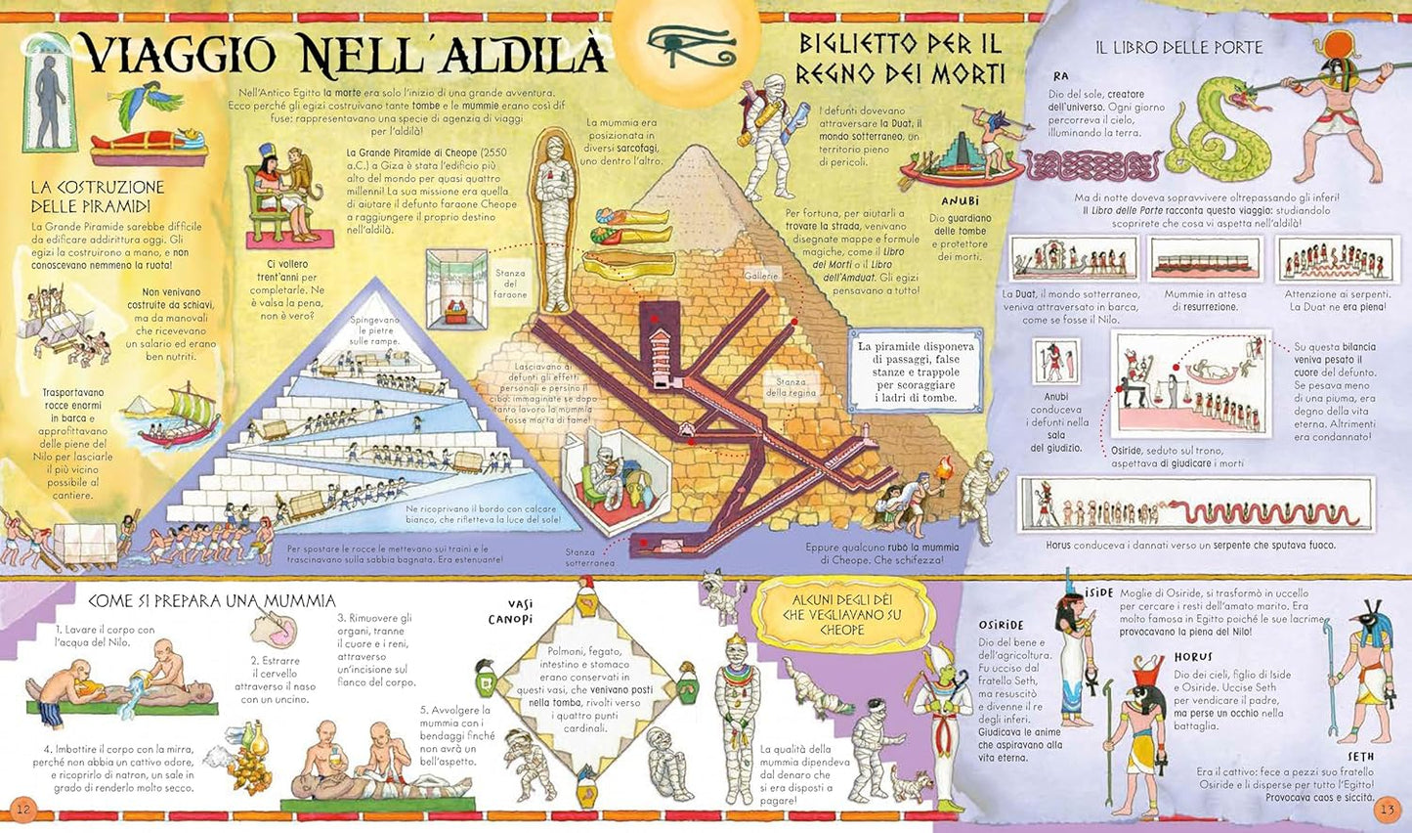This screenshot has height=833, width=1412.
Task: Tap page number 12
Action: [23, 809]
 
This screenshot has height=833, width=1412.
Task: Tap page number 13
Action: [1387, 810]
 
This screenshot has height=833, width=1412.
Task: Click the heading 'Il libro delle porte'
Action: [1178, 47]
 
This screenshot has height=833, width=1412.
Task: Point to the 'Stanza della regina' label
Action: [791, 387]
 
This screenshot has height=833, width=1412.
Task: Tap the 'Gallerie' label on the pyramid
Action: [761, 276]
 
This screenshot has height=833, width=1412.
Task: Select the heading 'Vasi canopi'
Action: [511, 611]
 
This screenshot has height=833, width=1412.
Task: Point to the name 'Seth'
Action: [1360, 756]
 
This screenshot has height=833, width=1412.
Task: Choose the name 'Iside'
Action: [1098, 592]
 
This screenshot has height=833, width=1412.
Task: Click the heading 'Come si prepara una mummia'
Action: [212, 600]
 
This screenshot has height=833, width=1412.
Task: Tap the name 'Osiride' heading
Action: [1001, 625]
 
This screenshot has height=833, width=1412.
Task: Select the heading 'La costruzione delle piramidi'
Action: [97, 196]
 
